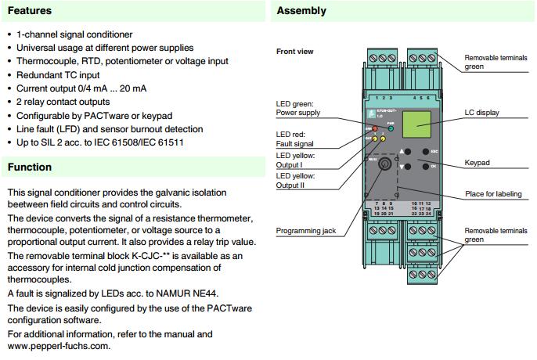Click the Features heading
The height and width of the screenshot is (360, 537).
click(29, 11)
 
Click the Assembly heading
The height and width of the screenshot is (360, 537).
click(301, 11)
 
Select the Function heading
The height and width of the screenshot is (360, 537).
click(30, 167)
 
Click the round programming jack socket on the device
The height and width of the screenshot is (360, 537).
click(384, 165)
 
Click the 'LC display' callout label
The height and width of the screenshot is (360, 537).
click(482, 113)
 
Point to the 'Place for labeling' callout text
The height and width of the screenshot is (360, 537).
click(493, 194)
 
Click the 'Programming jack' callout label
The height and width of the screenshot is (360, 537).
click(306, 231)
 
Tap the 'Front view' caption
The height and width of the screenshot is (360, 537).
click(295, 52)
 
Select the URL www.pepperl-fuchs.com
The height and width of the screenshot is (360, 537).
click(59, 345)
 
